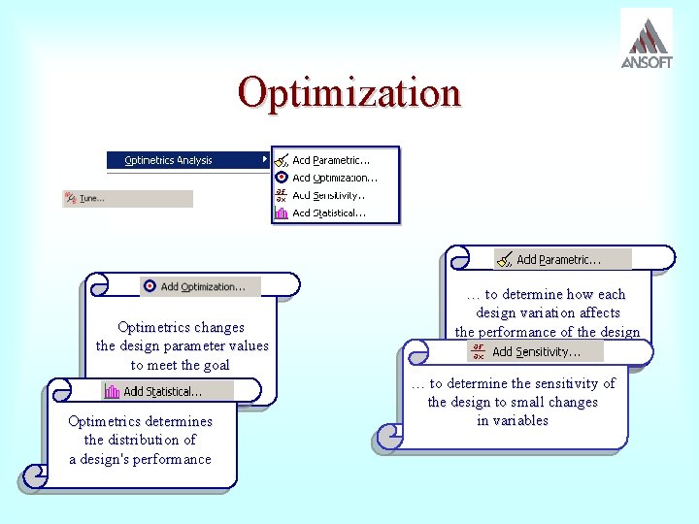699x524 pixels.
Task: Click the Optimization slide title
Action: click(349, 93)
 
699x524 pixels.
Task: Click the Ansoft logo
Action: click(646, 40)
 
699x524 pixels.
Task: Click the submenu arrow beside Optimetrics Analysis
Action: click(265, 159)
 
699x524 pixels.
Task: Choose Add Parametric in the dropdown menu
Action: click(331, 160)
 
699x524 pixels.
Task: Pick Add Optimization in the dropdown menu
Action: click(334, 178)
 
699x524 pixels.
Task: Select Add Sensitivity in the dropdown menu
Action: click(330, 195)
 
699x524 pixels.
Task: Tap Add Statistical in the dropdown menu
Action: click(329, 213)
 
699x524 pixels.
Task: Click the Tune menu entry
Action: click(92, 198)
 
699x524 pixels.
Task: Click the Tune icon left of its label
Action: click(70, 198)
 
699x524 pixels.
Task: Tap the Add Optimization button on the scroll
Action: click(201, 286)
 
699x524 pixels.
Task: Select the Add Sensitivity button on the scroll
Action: click(535, 351)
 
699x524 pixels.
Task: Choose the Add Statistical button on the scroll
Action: click(163, 391)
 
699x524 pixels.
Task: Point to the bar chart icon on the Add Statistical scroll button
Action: click(112, 392)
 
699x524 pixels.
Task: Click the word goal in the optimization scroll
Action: click(214, 365)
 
